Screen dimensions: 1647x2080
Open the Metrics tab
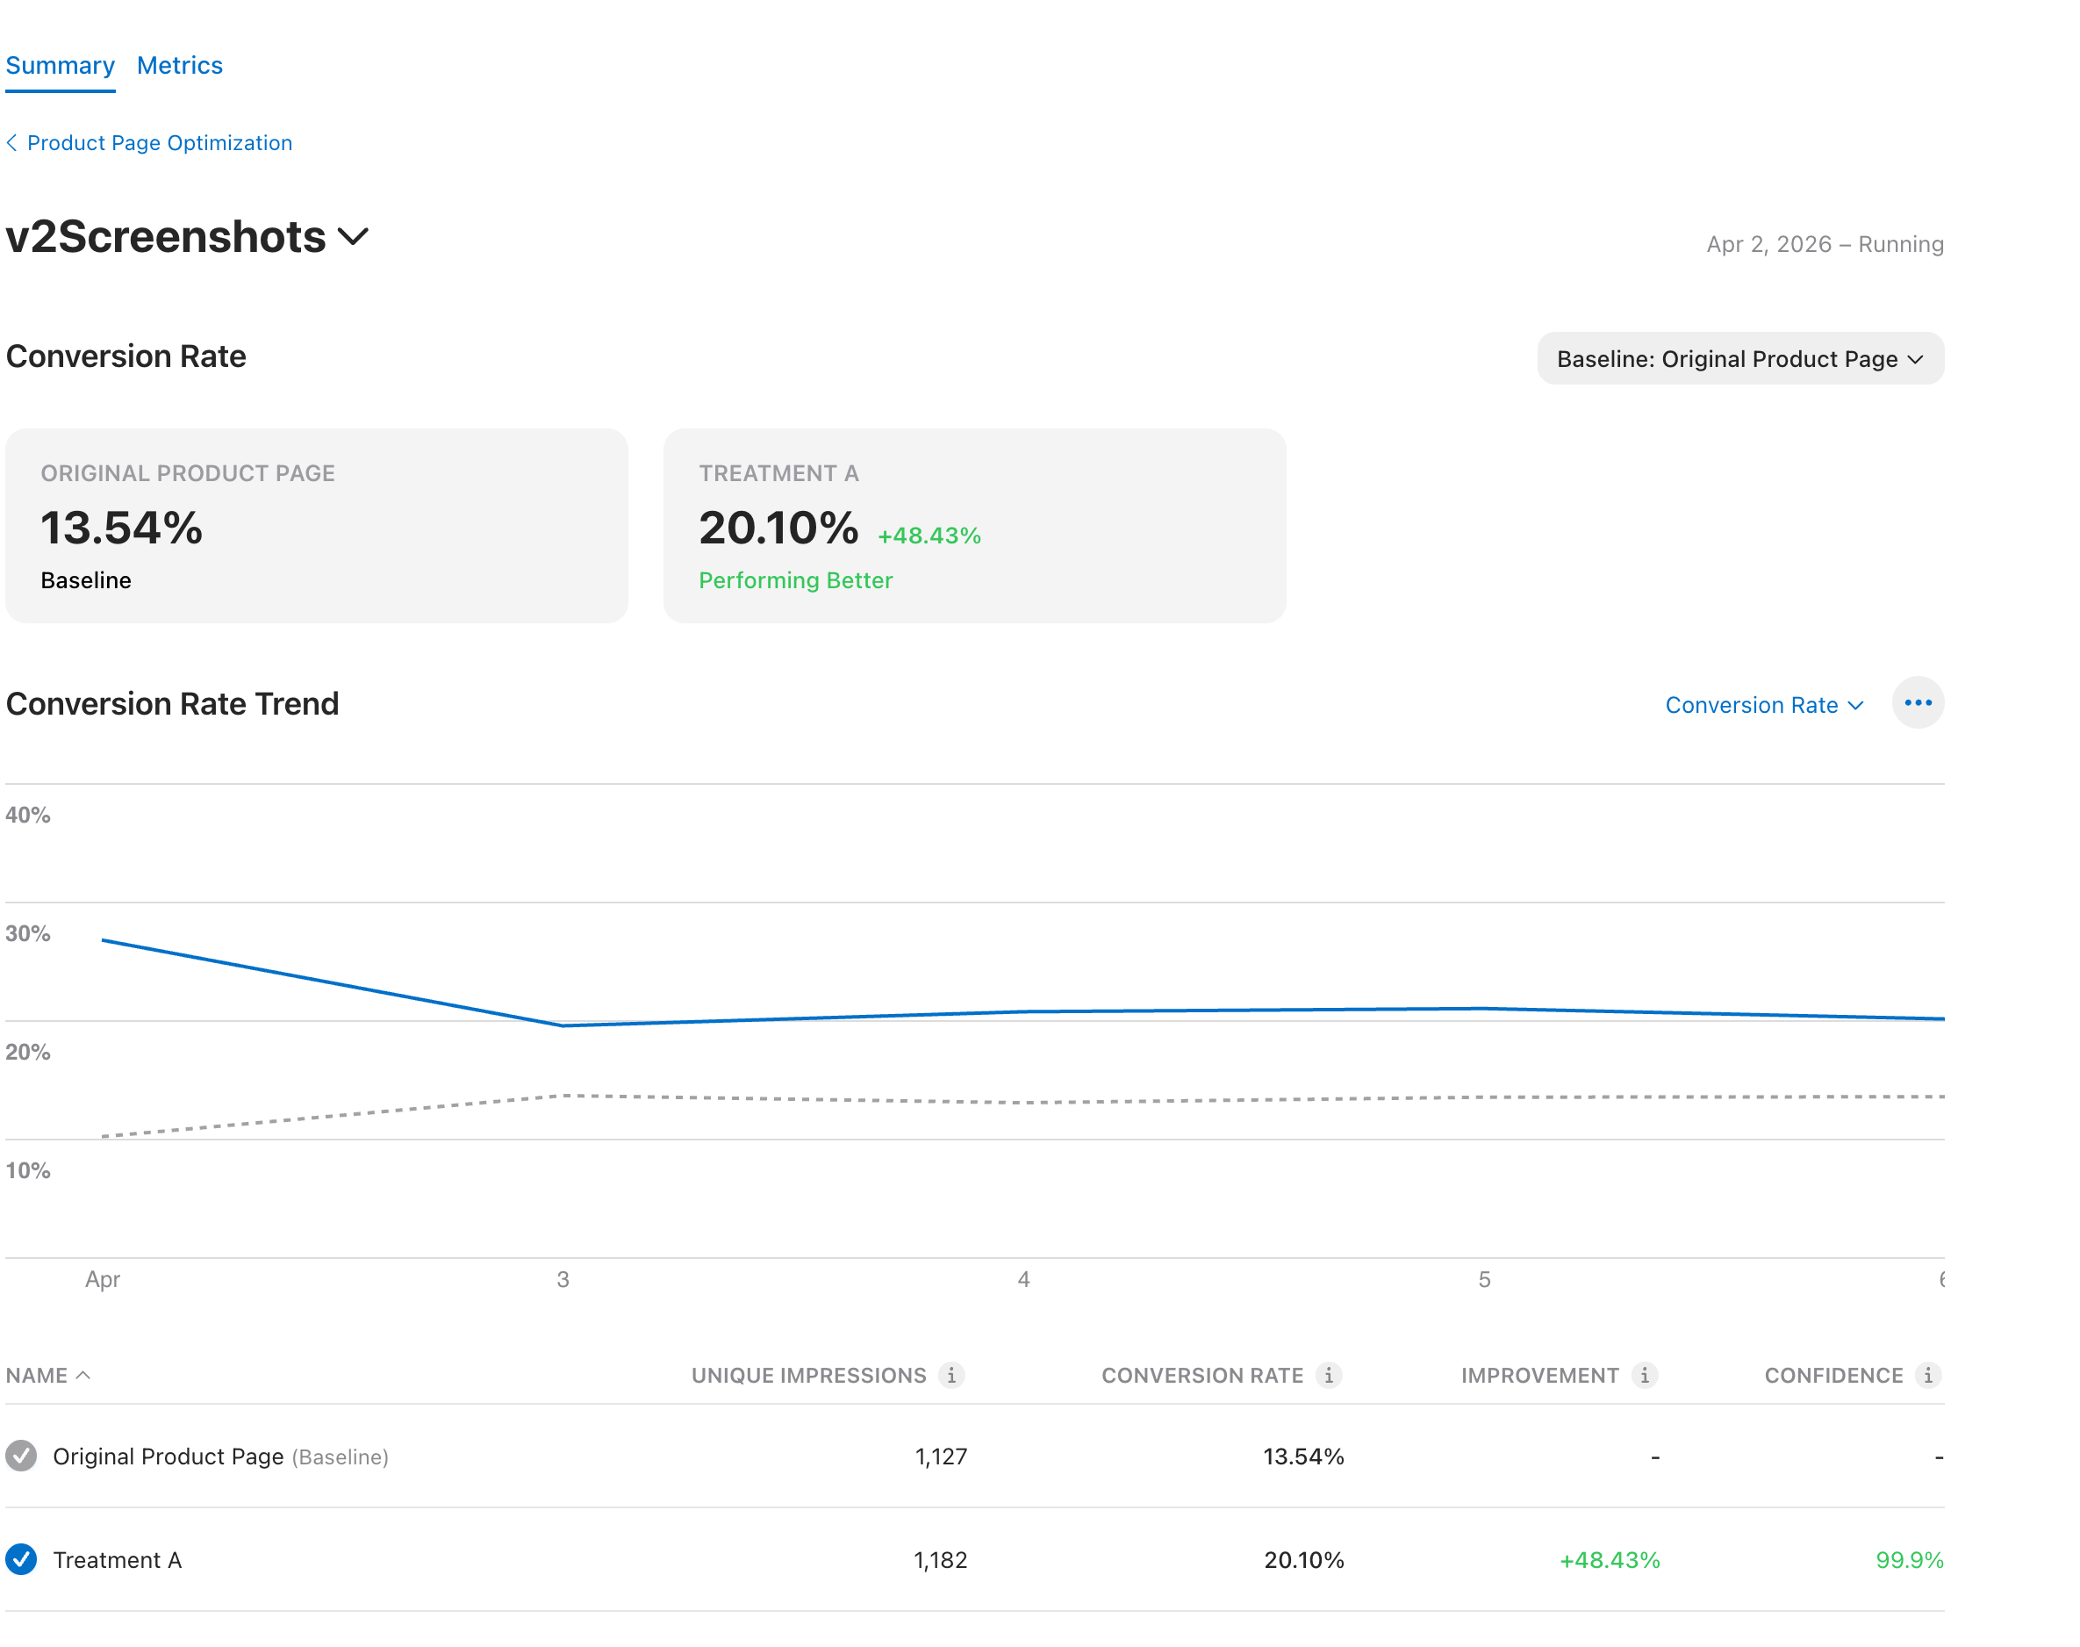point(179,66)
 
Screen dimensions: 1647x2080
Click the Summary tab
point(60,66)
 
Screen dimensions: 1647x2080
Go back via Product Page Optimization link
point(159,143)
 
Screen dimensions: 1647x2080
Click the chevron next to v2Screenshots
point(354,237)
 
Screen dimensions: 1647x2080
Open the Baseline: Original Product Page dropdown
point(1739,359)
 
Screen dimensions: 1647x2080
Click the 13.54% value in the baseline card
point(121,529)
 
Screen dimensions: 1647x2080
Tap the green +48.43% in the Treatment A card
point(929,536)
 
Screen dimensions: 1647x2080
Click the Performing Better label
point(795,580)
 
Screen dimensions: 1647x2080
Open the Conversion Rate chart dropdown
point(1763,705)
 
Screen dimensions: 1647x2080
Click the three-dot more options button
point(1917,703)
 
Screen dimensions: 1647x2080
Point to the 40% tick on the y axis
point(28,815)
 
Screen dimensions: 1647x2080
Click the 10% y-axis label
point(28,1170)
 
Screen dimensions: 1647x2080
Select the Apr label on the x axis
point(102,1280)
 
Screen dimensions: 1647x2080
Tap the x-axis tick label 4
point(1023,1280)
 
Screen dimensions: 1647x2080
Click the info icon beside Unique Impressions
point(951,1375)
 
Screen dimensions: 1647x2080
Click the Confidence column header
point(1833,1375)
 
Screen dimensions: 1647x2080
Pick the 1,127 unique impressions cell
point(940,1456)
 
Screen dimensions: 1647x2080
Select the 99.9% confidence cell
point(1909,1560)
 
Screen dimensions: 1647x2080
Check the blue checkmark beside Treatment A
point(21,1559)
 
